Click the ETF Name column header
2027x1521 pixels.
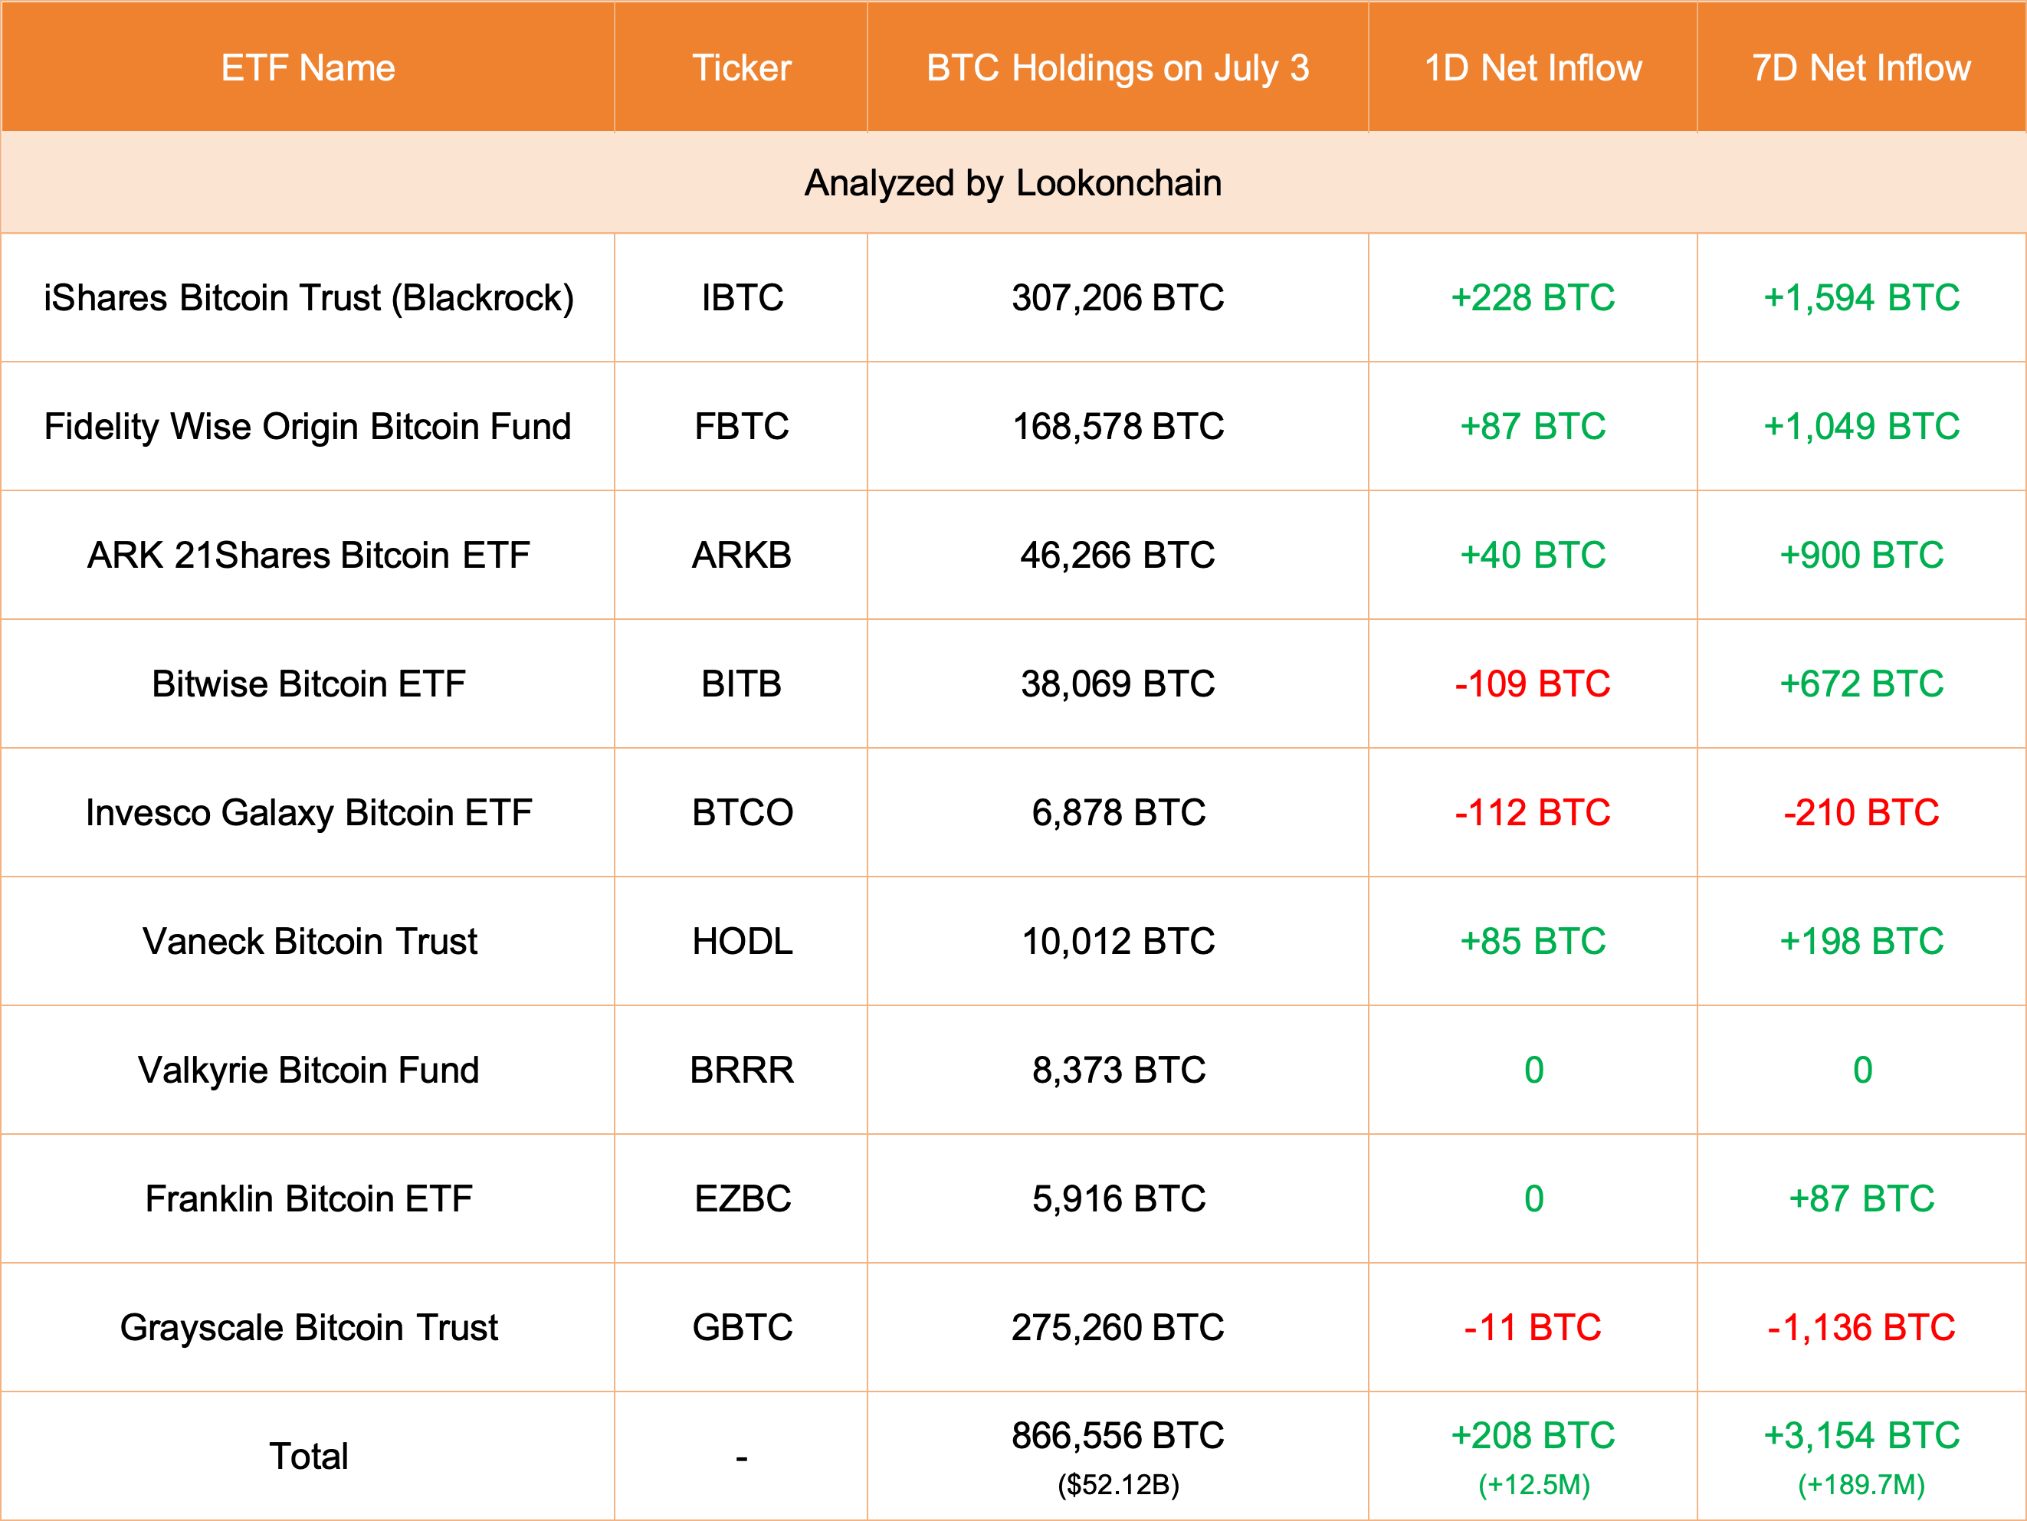308,67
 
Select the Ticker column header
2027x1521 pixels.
741,67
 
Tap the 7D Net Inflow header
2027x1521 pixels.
1861,67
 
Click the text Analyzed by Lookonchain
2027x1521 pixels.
1012,183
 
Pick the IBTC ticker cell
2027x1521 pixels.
741,298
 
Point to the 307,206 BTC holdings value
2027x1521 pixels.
1117,298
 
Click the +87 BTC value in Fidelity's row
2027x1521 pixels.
1532,426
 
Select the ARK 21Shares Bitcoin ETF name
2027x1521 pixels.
308,556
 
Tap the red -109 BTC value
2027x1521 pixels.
1532,683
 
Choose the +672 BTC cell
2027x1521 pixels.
1861,683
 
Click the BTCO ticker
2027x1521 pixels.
741,813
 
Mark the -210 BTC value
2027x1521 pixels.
1861,813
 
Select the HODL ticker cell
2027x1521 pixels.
741,941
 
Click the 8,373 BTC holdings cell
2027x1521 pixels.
1118,1070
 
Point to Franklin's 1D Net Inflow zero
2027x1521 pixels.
1533,1198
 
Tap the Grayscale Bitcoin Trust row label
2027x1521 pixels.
308,1328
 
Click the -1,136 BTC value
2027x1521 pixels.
1861,1328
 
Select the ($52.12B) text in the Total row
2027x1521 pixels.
1118,1484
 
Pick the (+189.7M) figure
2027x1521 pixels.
1861,1484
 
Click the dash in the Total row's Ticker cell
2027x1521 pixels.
741,1457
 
